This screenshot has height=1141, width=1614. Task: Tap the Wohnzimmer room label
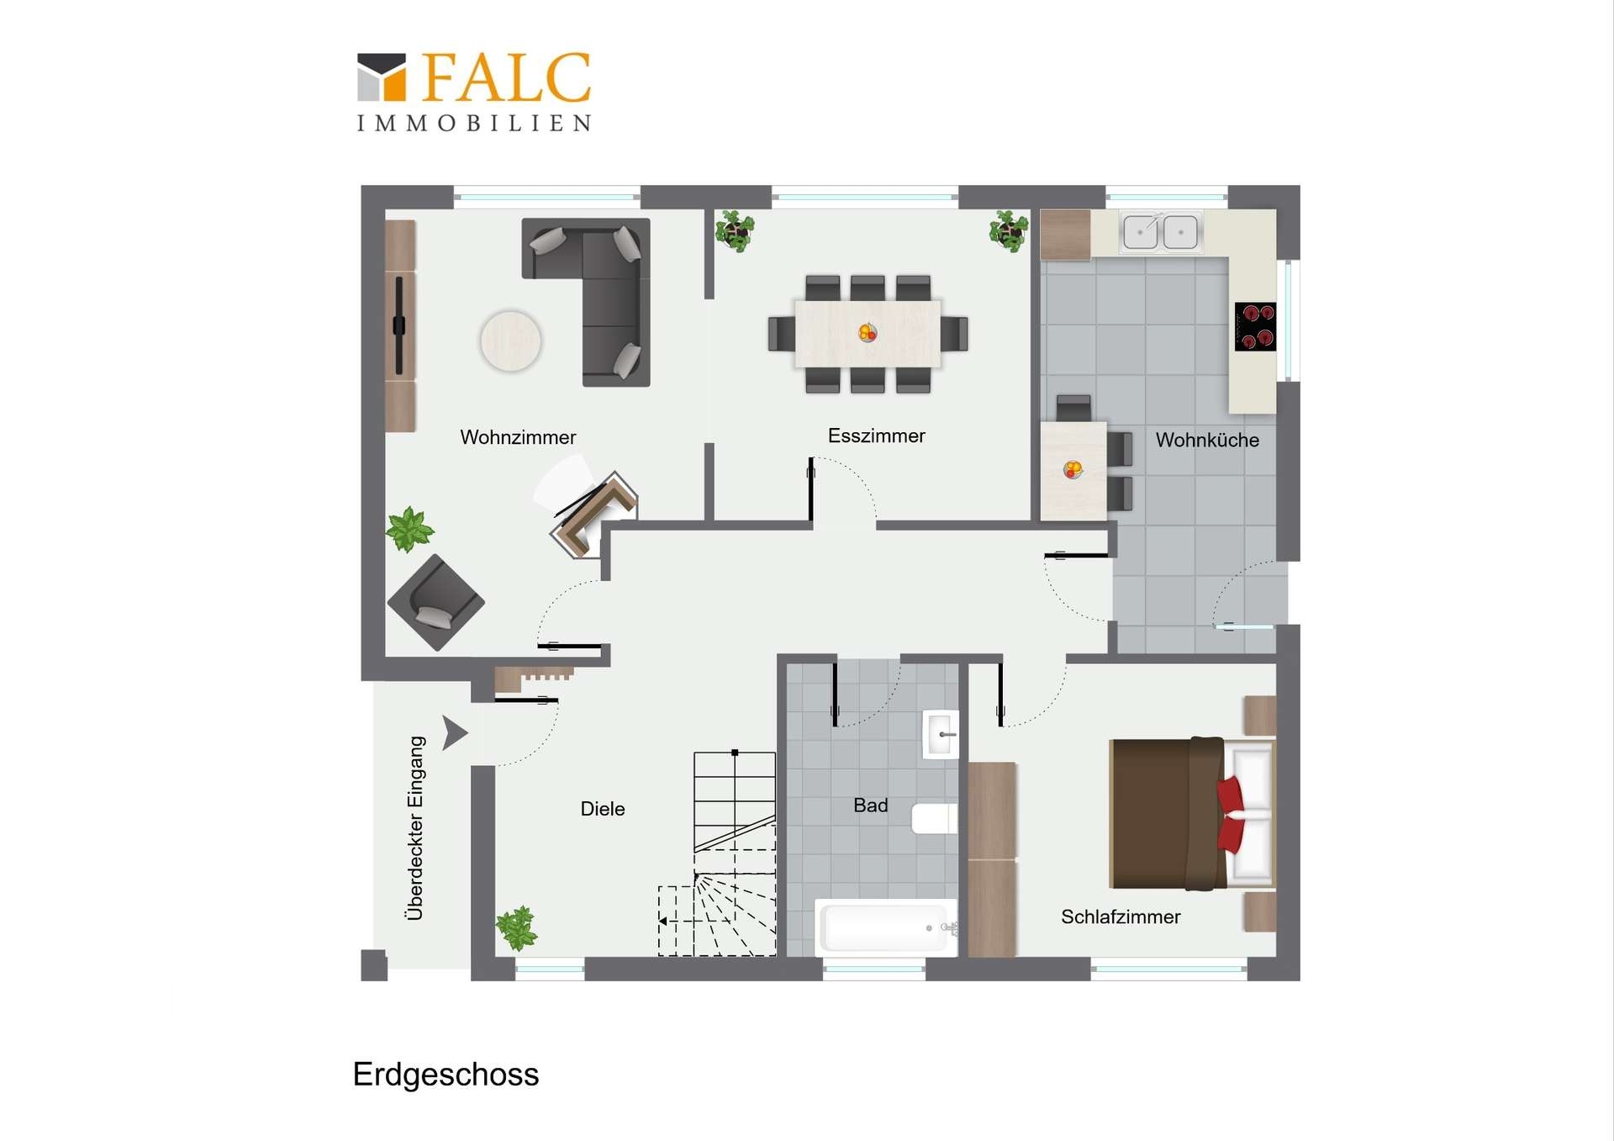pyautogui.click(x=518, y=437)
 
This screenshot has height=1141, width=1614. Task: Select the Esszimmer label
pyautogui.click(x=876, y=436)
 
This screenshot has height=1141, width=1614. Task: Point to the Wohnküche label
pyautogui.click(x=1207, y=440)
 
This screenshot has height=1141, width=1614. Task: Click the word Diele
pyautogui.click(x=603, y=809)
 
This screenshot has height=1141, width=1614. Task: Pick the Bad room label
pyautogui.click(x=870, y=806)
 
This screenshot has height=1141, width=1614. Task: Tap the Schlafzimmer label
pyautogui.click(x=1121, y=916)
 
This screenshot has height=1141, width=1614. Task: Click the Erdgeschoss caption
pyautogui.click(x=446, y=1075)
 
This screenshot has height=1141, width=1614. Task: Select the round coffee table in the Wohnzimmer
pyautogui.click(x=510, y=341)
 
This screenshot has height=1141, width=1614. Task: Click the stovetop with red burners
pyautogui.click(x=1255, y=326)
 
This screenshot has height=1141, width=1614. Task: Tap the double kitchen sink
pyautogui.click(x=1161, y=231)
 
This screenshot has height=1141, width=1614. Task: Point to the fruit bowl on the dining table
pyautogui.click(x=868, y=333)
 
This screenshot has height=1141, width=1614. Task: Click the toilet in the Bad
pyautogui.click(x=935, y=818)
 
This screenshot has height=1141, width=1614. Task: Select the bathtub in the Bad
pyautogui.click(x=886, y=927)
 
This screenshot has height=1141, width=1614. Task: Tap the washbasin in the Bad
pyautogui.click(x=941, y=734)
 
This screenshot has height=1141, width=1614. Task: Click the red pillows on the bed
pyautogui.click(x=1232, y=813)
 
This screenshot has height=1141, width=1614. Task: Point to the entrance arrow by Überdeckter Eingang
pyautogui.click(x=454, y=733)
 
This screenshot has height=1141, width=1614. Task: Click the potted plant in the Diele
pyautogui.click(x=517, y=927)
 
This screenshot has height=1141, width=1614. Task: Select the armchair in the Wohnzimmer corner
pyautogui.click(x=435, y=602)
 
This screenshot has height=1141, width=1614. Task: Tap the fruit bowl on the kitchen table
pyautogui.click(x=1073, y=470)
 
